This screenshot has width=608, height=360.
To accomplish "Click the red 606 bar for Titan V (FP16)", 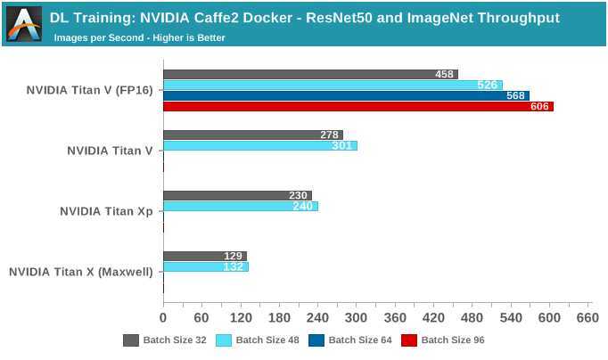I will [x=357, y=107].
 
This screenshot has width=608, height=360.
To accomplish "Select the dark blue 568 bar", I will [x=346, y=95].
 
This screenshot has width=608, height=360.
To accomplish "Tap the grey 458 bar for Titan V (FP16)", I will [x=310, y=74].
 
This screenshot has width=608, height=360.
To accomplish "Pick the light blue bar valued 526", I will [x=333, y=85].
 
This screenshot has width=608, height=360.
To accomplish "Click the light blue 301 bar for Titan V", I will [x=259, y=145].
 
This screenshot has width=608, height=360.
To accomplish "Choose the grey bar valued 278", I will [x=252, y=135].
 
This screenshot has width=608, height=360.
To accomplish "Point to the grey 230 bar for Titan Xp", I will [x=237, y=195].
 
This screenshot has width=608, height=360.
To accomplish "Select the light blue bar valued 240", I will [x=240, y=206].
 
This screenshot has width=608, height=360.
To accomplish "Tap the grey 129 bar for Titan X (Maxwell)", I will [x=204, y=256].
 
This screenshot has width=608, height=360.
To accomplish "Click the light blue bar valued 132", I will [x=205, y=266].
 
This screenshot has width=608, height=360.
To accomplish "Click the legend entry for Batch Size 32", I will [x=166, y=340].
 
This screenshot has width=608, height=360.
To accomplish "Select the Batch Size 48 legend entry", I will [x=259, y=340].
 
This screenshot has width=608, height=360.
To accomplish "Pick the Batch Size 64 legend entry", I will [x=351, y=340].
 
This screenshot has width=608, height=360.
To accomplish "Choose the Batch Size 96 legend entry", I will [x=444, y=340].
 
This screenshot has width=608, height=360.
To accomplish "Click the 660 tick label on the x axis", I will [x=588, y=317].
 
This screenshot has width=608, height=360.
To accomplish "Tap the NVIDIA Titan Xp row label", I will [x=106, y=211].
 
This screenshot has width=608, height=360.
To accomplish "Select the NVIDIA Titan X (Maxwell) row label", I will [x=80, y=272].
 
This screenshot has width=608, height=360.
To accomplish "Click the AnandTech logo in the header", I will [x=23, y=24].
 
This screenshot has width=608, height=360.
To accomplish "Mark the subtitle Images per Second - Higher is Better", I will [x=139, y=37].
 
